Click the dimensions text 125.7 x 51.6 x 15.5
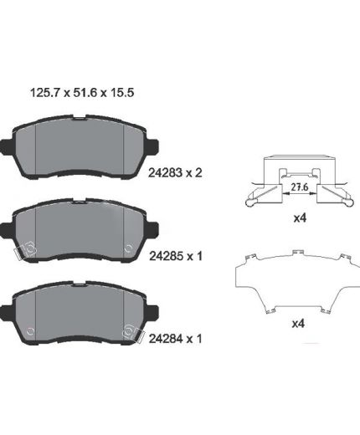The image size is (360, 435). point(82,93)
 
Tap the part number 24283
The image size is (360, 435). point(165,173)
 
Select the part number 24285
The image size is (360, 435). point(167,256)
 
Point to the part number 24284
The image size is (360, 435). point(166,339)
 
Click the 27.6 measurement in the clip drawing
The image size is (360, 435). point(300,187)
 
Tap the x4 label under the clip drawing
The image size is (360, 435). point(300,218)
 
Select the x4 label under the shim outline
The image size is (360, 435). point(298,324)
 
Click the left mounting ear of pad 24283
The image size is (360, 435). point(7,147)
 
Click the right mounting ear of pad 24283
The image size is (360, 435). point(152,147)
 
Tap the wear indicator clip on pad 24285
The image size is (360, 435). point(25,250)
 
